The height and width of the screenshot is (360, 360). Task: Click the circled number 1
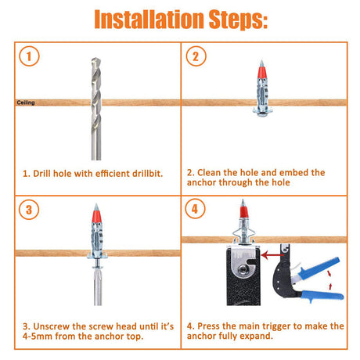(29, 56)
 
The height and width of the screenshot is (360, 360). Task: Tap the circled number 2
(196, 56)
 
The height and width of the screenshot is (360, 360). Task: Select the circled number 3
(29, 210)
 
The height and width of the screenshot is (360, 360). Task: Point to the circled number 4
(195, 209)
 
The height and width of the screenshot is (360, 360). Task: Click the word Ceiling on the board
(26, 103)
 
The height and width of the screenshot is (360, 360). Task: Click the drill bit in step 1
(96, 109)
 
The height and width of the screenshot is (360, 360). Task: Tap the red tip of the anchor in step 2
(262, 70)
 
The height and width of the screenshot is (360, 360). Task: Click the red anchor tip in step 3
(96, 214)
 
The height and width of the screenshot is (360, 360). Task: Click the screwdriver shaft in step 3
(98, 287)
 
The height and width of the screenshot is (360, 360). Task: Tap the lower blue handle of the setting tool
(322, 296)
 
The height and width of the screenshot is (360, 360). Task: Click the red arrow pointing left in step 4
(272, 255)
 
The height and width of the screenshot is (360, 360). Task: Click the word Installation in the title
(149, 19)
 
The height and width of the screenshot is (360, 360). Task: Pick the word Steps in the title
(238, 20)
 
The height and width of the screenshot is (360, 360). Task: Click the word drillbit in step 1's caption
(147, 174)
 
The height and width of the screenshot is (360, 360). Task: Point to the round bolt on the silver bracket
(243, 269)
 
